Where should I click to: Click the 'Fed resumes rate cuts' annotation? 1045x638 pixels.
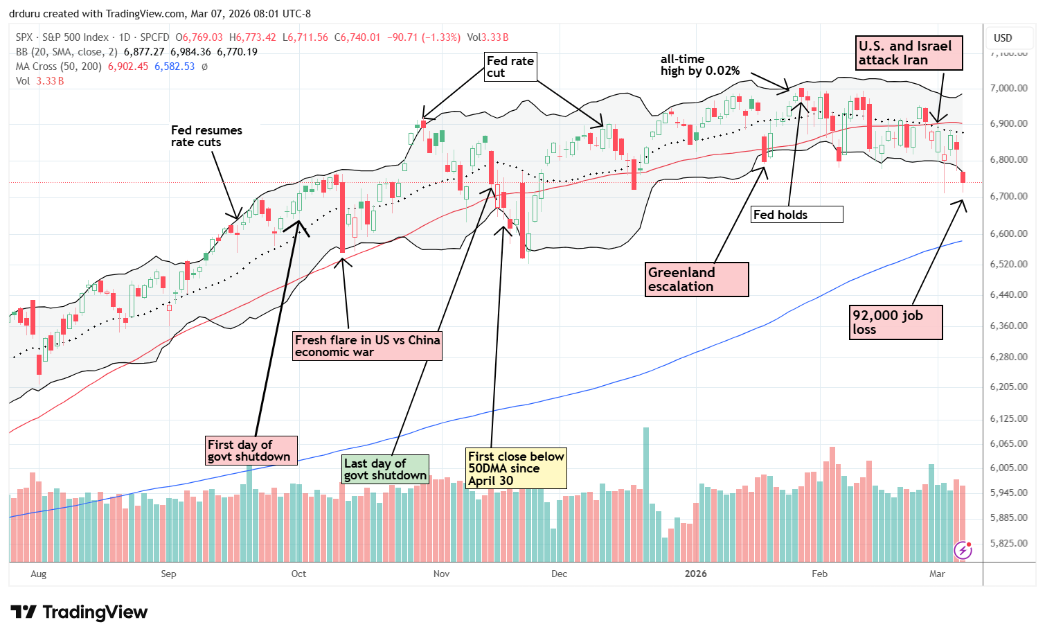point(206,136)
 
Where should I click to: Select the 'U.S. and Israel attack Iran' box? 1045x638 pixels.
point(909,53)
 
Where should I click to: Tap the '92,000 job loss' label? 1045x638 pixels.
point(896,322)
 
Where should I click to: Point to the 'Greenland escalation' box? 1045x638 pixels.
point(697,279)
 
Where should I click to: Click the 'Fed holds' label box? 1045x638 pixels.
point(797,215)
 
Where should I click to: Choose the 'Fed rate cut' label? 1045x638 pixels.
point(510,67)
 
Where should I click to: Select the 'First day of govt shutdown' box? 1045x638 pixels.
point(251,450)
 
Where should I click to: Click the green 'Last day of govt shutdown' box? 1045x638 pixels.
point(386,469)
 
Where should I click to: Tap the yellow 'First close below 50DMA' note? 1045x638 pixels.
point(516,468)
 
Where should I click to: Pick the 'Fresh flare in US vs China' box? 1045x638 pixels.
point(368,346)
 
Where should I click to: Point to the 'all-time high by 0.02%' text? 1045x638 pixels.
point(699,65)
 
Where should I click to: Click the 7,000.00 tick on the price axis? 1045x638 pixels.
point(1008,88)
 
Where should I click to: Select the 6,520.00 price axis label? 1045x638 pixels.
point(1008,264)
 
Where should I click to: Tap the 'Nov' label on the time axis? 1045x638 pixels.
point(441,574)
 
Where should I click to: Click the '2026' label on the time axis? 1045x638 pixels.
point(695,574)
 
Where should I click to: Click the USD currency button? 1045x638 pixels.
point(1003,38)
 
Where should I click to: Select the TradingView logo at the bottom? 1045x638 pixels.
point(79,612)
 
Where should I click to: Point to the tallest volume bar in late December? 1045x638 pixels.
point(646,493)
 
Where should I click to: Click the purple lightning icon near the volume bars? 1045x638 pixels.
point(963,550)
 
